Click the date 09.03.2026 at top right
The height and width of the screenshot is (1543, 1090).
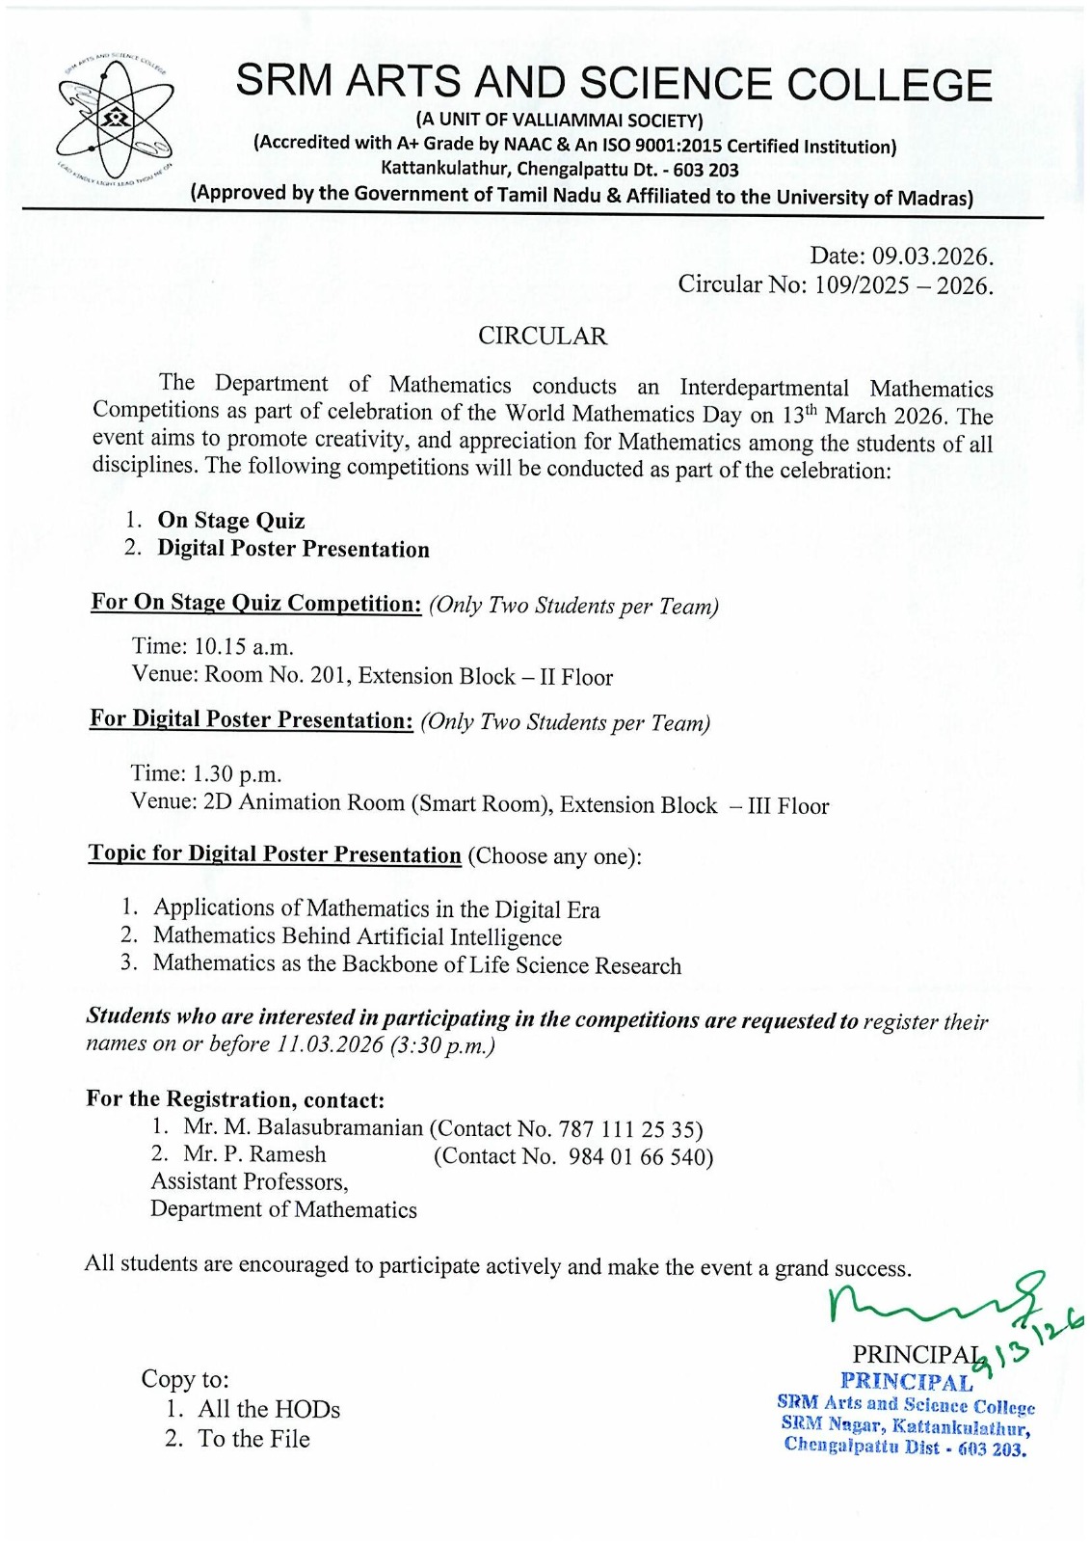[x=932, y=257]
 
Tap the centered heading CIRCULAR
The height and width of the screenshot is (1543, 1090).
[x=543, y=336]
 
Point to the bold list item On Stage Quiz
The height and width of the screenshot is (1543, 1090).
[x=231, y=521]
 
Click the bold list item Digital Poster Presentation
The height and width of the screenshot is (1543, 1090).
[x=294, y=550]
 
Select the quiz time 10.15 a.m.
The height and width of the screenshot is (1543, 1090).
[x=244, y=646]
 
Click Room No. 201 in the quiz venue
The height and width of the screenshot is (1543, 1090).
[x=278, y=675]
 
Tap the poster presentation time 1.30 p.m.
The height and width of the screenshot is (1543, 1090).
[x=237, y=773]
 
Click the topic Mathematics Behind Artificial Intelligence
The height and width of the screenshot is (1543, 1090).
[x=358, y=936]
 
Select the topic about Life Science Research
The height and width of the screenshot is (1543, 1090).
[x=417, y=964]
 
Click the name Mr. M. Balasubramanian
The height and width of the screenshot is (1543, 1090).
[x=304, y=1127]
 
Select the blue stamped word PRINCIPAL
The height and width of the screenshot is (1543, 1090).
[x=906, y=1382]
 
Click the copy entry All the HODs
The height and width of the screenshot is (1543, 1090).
[x=269, y=1409]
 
